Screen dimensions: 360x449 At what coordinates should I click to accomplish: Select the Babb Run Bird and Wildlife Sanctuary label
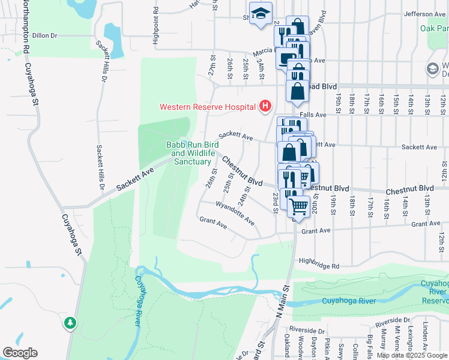tap(192, 153)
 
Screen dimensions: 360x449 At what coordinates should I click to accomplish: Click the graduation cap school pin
tap(261, 14)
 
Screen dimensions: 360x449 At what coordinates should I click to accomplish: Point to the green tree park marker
tap(71, 323)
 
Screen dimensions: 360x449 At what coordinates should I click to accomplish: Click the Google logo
tap(20, 353)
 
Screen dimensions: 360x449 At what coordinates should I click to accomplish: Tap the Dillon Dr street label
tap(44, 35)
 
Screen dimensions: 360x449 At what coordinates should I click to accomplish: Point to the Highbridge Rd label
tap(319, 262)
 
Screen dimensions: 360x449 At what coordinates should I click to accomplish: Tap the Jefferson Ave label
tap(425, 14)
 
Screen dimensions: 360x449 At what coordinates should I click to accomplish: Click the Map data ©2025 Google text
tap(412, 355)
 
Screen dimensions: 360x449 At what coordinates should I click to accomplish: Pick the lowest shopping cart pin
tap(298, 206)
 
